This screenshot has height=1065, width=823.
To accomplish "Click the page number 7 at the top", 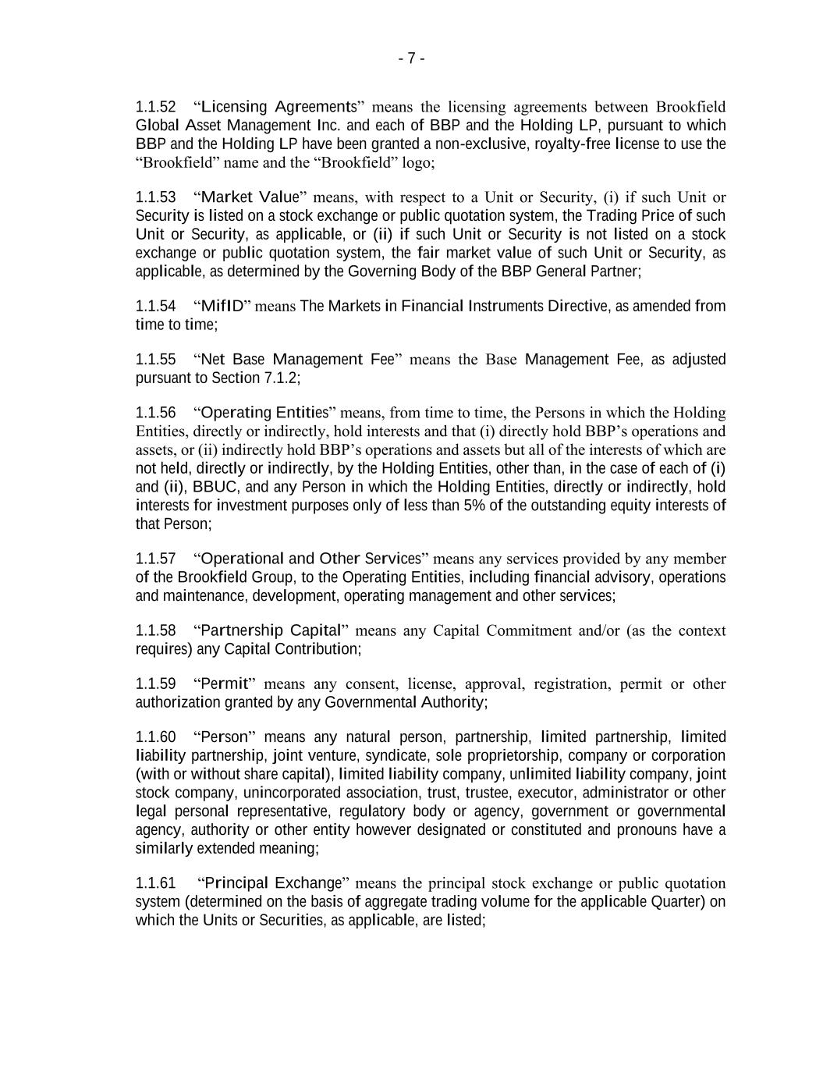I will point(411,59).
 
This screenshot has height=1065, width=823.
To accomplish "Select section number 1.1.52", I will point(155,107).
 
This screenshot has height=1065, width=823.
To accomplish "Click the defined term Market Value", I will point(250,197).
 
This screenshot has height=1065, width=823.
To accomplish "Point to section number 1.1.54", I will point(155,307).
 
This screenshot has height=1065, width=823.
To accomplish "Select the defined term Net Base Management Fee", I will point(297,360).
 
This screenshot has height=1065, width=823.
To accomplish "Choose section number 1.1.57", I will point(155,559).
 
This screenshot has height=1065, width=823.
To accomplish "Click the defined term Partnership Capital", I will point(271,631).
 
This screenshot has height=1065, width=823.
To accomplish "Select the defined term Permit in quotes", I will point(224,684).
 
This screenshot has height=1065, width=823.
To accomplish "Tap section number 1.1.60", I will point(155,737).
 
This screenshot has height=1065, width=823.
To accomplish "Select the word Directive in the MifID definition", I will point(576,307).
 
